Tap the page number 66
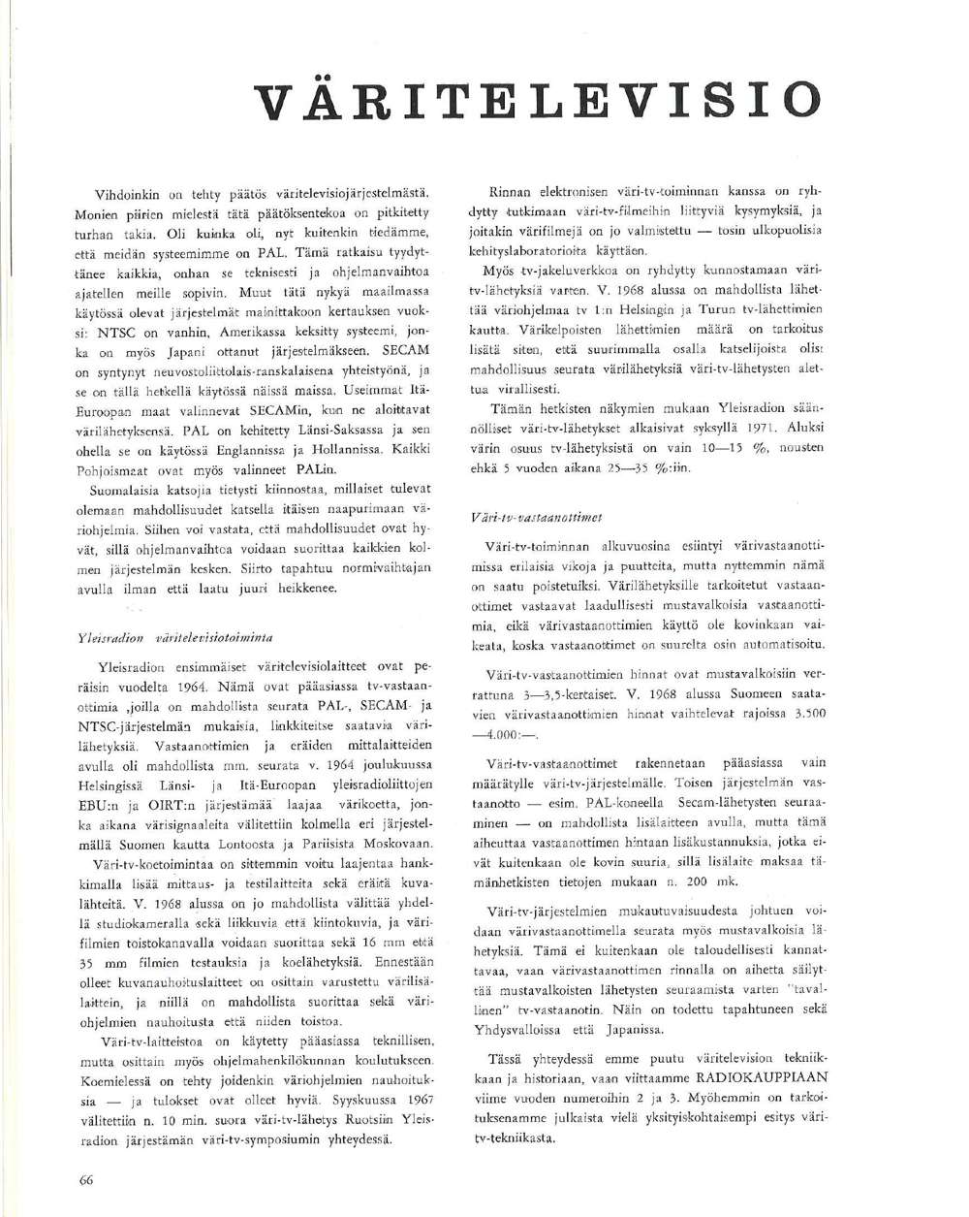84,1178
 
